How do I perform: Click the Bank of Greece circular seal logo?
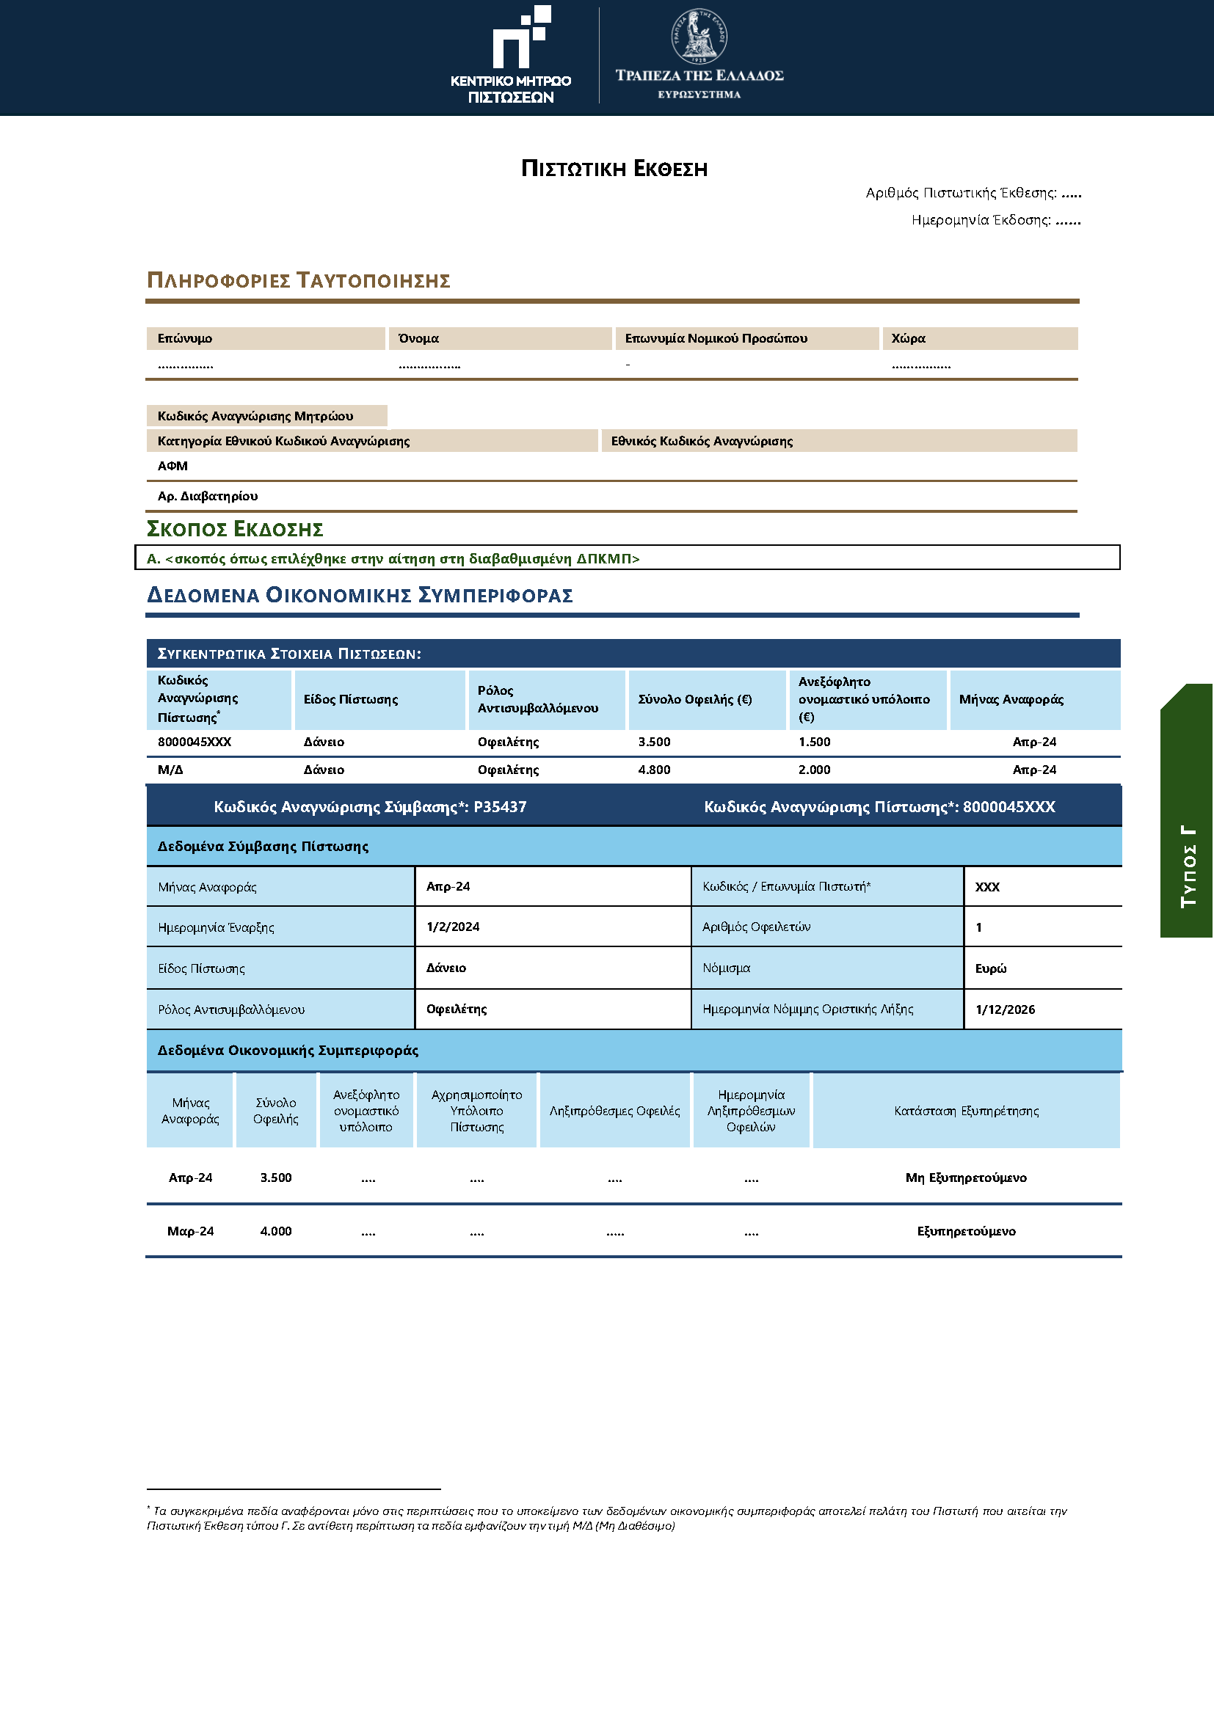699,36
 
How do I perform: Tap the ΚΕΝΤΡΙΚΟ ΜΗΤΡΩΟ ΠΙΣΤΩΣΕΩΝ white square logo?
521,37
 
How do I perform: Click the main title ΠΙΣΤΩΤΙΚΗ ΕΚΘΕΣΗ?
614,169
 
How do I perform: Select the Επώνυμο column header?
185,338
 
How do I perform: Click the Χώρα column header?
908,338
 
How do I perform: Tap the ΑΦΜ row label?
172,467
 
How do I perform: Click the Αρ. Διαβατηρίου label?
208,496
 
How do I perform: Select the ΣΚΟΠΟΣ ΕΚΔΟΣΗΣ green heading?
235,529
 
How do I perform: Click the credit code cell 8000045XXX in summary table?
195,742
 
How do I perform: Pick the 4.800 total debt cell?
654,770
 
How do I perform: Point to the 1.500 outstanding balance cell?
814,742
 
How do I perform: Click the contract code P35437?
500,807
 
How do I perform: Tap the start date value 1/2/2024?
453,927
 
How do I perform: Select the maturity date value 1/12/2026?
1005,1009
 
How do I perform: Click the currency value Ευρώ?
990,968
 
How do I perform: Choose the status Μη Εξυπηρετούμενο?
966,1178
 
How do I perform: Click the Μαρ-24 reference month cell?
191,1232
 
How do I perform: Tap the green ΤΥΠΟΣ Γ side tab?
1187,811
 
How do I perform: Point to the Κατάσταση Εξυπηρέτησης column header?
966,1111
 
